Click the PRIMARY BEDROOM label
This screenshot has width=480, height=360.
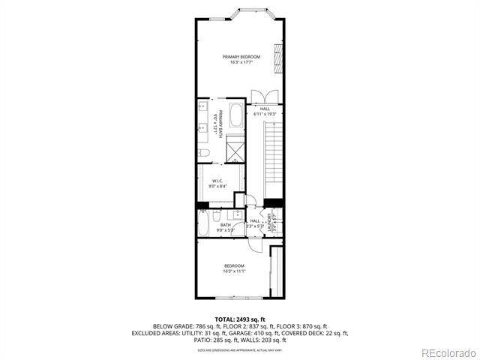click(x=241, y=57)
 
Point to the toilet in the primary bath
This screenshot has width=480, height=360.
click(x=203, y=153)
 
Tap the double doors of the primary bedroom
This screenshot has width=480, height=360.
click(x=264, y=95)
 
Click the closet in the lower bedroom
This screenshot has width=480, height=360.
click(x=276, y=272)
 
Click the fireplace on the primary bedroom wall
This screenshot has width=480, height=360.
click(x=278, y=58)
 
